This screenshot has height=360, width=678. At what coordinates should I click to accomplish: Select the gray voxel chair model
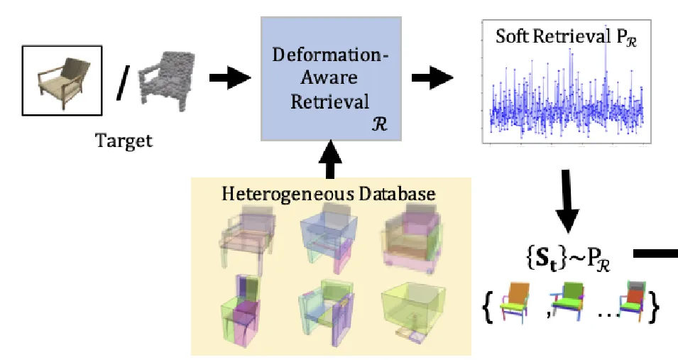pyautogui.click(x=165, y=78)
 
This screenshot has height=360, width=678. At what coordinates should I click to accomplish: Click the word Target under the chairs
pyautogui.click(x=124, y=140)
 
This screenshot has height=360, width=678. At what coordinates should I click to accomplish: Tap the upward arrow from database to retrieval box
pyautogui.click(x=331, y=160)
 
